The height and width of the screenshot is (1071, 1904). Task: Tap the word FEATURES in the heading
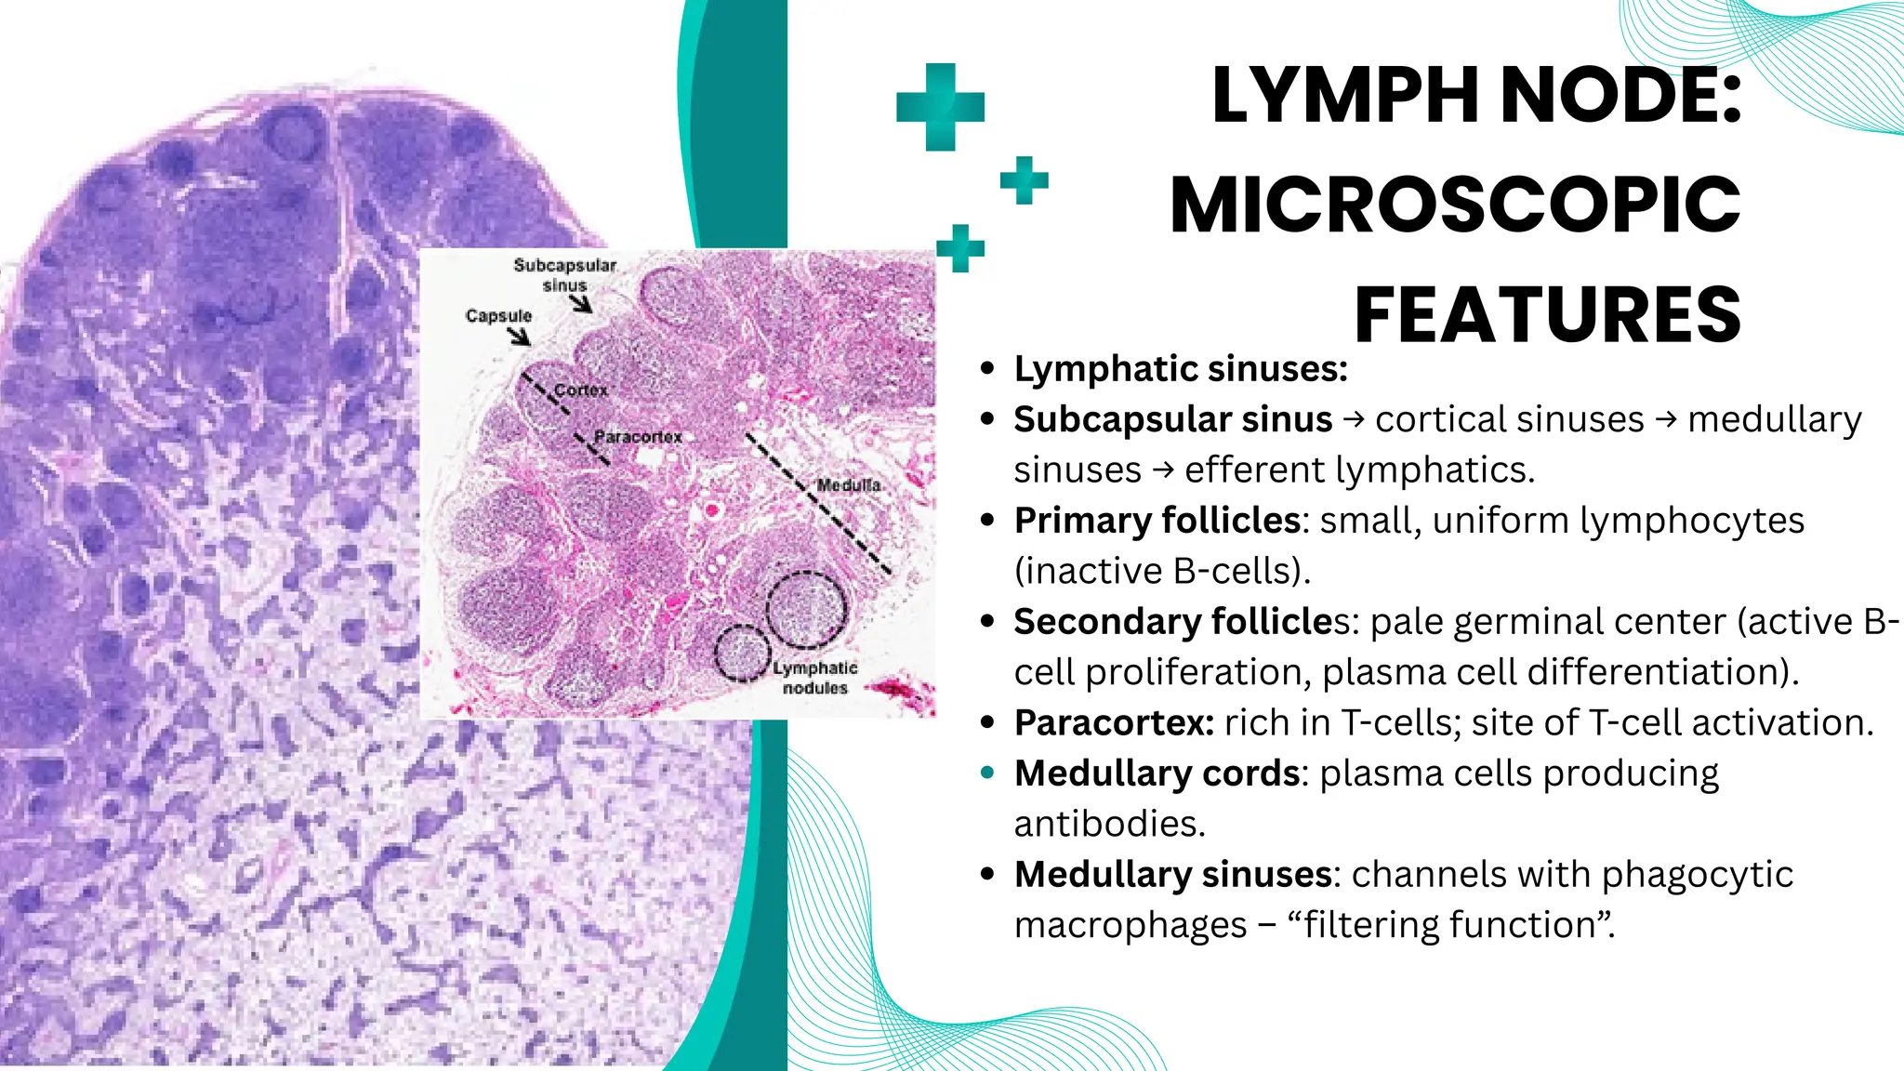point(1547,315)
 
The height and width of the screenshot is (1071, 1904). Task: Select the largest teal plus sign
point(940,107)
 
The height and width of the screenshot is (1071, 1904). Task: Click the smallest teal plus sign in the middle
point(1024,180)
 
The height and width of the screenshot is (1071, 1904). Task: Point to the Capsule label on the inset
point(498,316)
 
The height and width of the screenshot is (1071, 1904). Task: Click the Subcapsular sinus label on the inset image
point(565,275)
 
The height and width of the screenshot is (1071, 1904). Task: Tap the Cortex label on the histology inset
point(581,390)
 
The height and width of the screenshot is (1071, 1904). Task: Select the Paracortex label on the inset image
point(638,437)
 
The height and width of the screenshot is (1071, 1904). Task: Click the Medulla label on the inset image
point(848,485)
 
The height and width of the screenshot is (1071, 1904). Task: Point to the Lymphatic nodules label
point(814,678)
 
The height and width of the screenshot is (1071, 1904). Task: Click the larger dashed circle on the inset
point(806,609)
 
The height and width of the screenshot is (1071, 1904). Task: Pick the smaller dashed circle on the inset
point(742,653)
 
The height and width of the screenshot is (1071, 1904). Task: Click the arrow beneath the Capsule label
point(519,336)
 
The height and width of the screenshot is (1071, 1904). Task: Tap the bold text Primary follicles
point(1157,521)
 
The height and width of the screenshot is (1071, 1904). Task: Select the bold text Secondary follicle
point(1173,622)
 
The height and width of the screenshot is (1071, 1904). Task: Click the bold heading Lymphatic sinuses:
point(1181,369)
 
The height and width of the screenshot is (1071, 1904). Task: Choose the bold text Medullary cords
point(1157,773)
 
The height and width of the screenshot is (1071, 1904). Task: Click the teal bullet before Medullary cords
point(987,773)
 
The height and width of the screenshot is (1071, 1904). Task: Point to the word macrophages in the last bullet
point(1130,925)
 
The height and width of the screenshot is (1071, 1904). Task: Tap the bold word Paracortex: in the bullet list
point(1114,722)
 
